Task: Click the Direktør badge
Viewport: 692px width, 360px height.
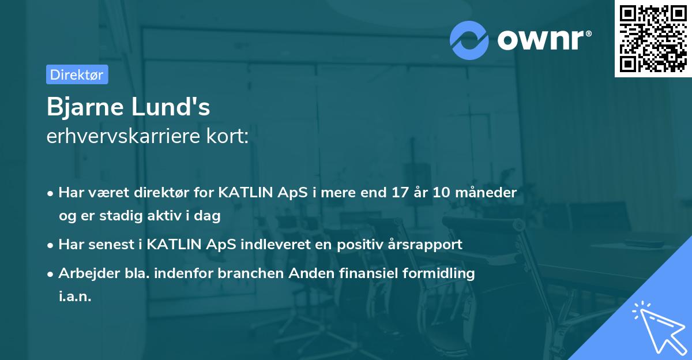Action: [77, 74]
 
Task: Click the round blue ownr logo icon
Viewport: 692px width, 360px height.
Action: [469, 40]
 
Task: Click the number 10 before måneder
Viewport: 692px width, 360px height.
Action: [442, 193]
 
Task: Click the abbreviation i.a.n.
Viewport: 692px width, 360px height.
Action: [75, 297]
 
